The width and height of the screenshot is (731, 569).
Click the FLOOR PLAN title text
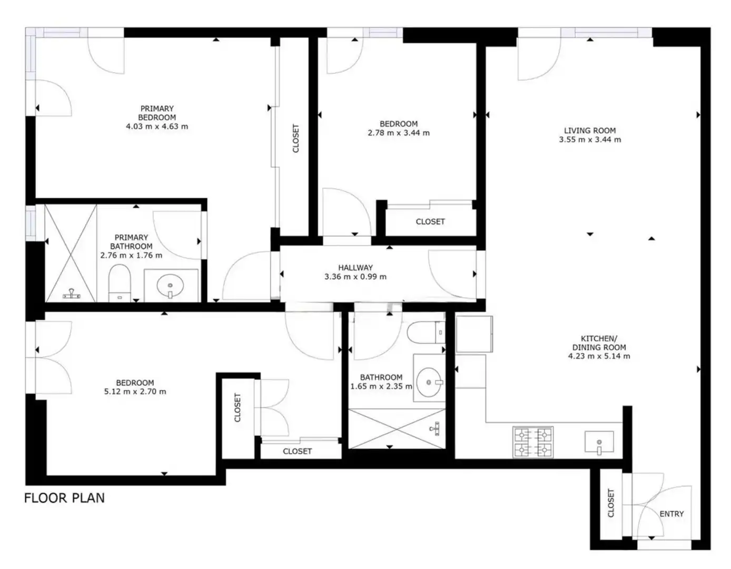pos(64,498)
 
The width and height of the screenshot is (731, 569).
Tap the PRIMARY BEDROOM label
pos(157,113)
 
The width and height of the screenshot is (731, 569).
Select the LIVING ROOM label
pos(590,131)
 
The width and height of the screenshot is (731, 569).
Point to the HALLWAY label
pos(355,268)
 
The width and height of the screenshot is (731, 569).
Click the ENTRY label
pos(671,514)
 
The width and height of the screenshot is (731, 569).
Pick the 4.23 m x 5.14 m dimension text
pos(599,356)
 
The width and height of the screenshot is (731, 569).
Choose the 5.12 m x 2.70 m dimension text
pos(135,391)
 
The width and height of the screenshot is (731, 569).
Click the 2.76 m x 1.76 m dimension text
pos(131,255)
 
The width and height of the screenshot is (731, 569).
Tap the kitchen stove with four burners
pos(533,442)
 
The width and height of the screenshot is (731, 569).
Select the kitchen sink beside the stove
pos(599,442)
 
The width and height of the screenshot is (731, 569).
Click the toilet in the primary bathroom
pos(120,282)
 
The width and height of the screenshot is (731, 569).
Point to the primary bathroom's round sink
pos(170,286)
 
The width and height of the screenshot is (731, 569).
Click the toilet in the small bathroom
pos(426,332)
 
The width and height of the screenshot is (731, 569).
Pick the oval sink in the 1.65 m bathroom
pos(429,382)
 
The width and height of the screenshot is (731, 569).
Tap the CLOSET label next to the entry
pos(611,503)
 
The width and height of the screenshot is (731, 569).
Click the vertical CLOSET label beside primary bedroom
pos(295,138)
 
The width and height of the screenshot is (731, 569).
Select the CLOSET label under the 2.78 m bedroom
pos(430,222)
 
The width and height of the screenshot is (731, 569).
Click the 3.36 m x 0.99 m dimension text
pos(355,277)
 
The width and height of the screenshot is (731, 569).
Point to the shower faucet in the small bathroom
pos(436,428)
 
